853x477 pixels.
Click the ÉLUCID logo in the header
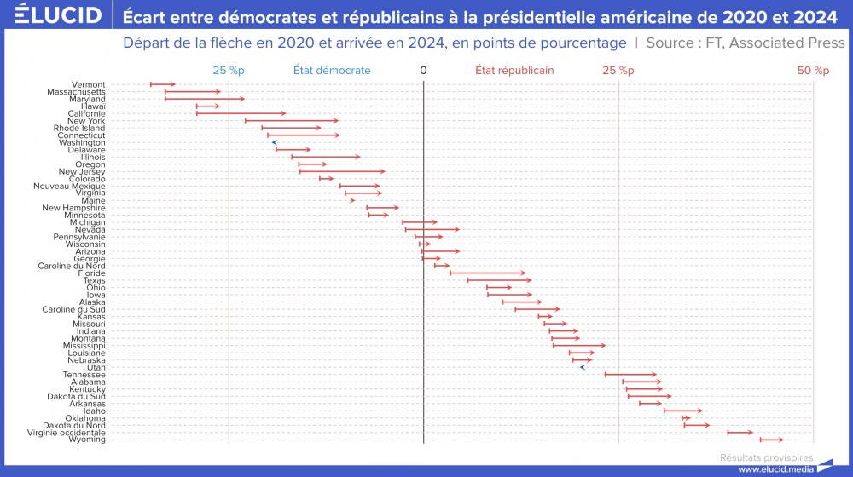pyautogui.click(x=53, y=15)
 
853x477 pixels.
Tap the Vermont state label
pyautogui.click(x=89, y=84)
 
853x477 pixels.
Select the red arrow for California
pyautogui.click(x=241, y=113)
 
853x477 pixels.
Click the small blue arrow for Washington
pyautogui.click(x=274, y=142)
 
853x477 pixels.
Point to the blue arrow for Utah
pyautogui.click(x=582, y=367)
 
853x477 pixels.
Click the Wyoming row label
pyautogui.click(x=87, y=440)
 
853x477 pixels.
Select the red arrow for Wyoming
pyautogui.click(x=771, y=440)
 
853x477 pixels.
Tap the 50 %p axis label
pyautogui.click(x=813, y=71)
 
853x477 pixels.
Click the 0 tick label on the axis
pyautogui.click(x=423, y=71)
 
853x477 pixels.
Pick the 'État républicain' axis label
pyautogui.click(x=514, y=71)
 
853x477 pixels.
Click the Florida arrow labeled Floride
pyautogui.click(x=488, y=273)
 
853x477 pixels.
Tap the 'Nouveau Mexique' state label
pyautogui.click(x=70, y=186)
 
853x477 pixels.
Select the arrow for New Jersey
pyautogui.click(x=341, y=171)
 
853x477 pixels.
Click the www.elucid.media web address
pyautogui.click(x=774, y=468)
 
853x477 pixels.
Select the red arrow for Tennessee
pyautogui.click(x=631, y=374)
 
